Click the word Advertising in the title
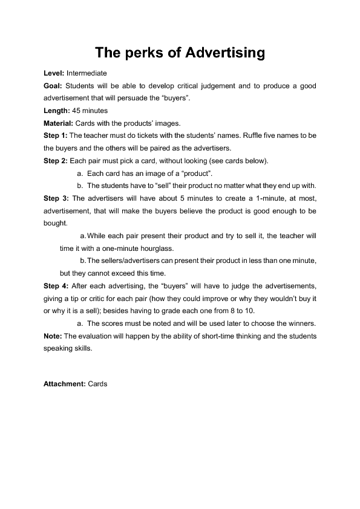pos(226,53)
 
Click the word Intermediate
pos(87,73)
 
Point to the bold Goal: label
pos(53,86)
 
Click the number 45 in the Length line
pos(73,111)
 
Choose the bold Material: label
pos(57,123)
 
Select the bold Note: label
pos(52,336)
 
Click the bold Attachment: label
pos(65,383)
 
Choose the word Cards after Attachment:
pos(97,383)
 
